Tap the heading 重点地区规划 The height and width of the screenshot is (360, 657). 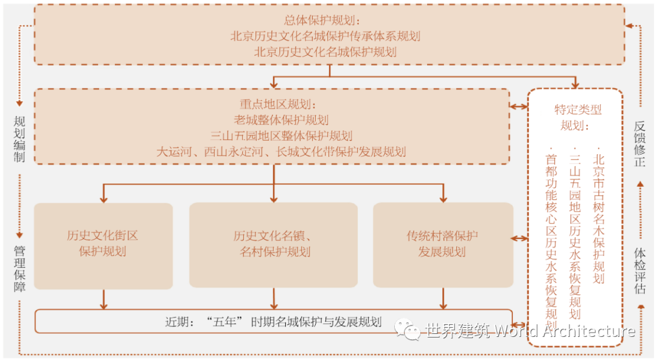pos(273,104)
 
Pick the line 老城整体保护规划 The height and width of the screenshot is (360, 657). pos(273,120)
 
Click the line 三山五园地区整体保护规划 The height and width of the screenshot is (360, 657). pos(273,136)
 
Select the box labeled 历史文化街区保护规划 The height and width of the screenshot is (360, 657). pos(103,244)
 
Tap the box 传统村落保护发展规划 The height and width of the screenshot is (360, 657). pos(442,244)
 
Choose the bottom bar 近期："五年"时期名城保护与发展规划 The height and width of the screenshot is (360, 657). pos(273,322)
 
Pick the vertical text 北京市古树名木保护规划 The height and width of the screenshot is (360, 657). pos(599,215)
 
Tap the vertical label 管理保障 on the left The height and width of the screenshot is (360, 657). pos(19,268)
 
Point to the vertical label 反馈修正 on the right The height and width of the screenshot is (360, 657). pos(639,144)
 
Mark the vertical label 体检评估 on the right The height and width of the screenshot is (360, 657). pos(639,271)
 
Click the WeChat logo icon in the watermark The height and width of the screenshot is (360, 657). pos(407,329)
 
